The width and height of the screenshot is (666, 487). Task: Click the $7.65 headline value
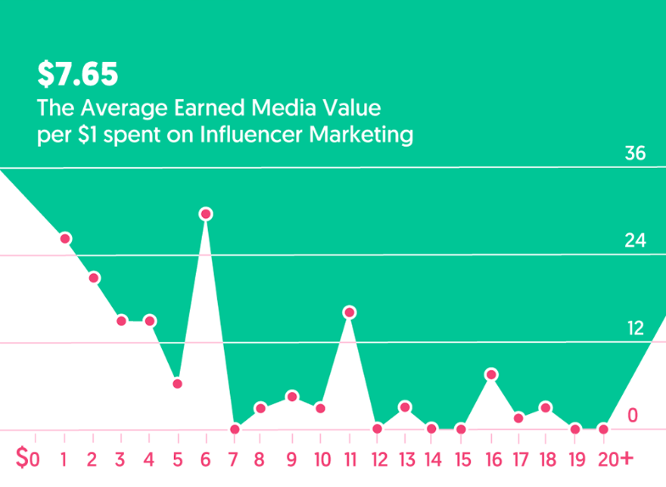point(77,75)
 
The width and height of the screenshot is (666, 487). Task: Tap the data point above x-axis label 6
point(206,214)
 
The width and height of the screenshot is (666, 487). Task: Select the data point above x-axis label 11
point(349,312)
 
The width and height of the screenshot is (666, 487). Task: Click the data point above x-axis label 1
point(65,238)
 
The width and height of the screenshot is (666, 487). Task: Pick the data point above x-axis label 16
point(491,374)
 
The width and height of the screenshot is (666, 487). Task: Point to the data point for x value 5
point(177,383)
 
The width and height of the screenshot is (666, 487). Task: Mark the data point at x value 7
point(235,428)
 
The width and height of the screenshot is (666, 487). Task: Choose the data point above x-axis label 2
point(94,277)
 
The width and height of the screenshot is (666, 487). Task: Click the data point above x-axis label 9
point(292,396)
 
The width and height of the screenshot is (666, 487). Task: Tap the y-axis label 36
point(635,154)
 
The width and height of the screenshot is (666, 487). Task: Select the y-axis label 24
point(635,241)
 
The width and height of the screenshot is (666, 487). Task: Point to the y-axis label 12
point(635,328)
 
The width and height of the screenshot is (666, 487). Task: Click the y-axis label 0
point(632,415)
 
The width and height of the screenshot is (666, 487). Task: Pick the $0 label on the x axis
point(27,459)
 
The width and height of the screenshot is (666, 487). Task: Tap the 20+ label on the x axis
point(614,459)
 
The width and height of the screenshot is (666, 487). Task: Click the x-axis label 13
point(406,459)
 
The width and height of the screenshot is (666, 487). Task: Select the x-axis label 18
point(546,459)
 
